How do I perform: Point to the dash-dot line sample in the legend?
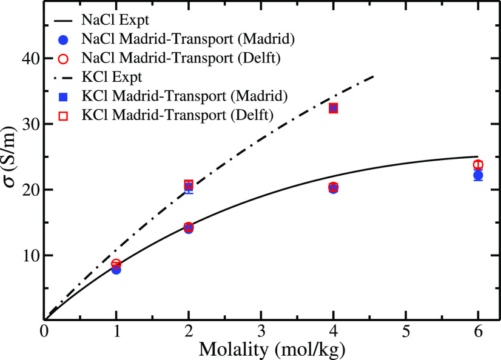(69, 77)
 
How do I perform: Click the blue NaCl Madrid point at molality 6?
(478, 176)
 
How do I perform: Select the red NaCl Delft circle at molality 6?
(478, 165)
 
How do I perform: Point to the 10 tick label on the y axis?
(29, 255)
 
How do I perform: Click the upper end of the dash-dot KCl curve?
(374, 76)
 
